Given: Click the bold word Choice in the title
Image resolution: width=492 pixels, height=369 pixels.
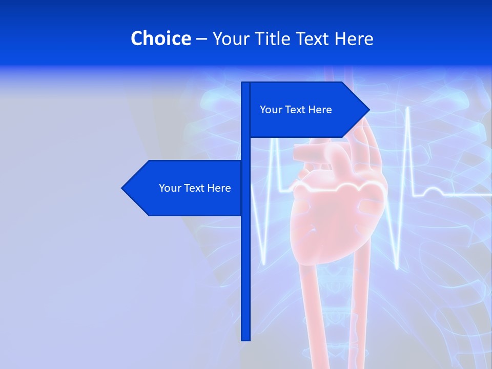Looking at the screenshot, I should point(160,38).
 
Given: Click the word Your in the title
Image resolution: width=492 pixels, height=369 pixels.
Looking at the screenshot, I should point(231,39).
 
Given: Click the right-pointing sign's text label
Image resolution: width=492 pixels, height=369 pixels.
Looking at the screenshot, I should point(296,110).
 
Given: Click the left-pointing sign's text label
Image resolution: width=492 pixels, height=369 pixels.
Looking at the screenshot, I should point(195,188).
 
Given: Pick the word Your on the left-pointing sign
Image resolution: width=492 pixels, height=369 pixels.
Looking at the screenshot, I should point(169,188).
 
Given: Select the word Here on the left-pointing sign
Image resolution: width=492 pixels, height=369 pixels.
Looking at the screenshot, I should point(220,188).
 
